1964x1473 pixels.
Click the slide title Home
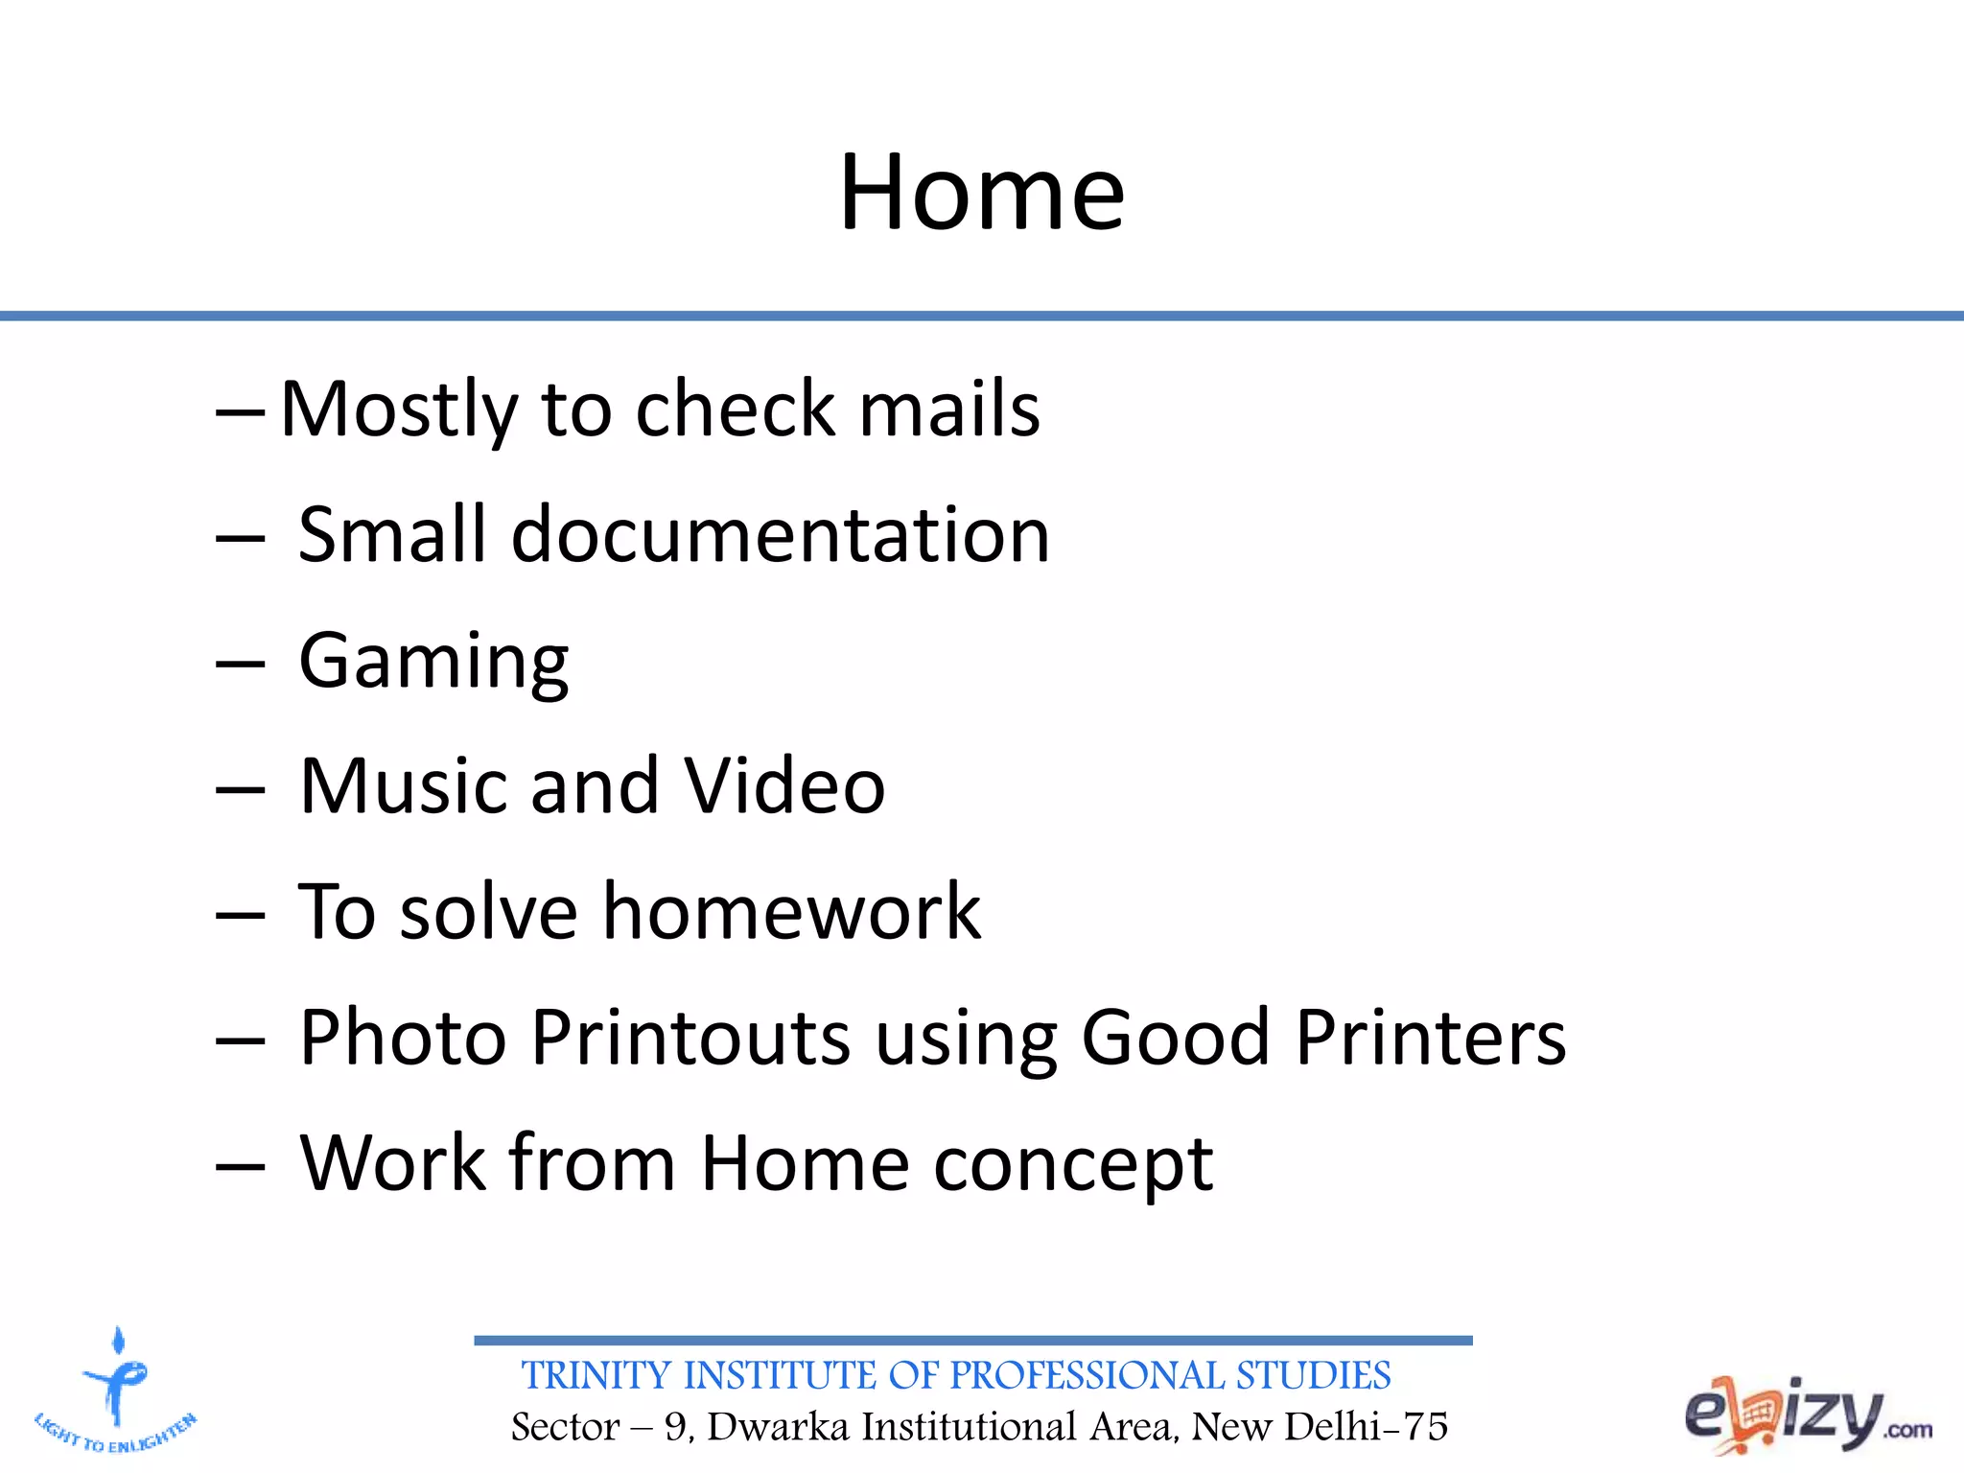pyautogui.click(x=981, y=194)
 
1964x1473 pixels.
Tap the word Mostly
pyautogui.click(x=398, y=409)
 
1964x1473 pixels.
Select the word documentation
pyautogui.click(x=780, y=535)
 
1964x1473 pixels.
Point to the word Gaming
pyautogui.click(x=433, y=662)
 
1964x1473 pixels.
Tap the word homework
pyautogui.click(x=791, y=912)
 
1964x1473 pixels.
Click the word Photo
pyautogui.click(x=403, y=1038)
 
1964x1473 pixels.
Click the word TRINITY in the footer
pyautogui.click(x=596, y=1376)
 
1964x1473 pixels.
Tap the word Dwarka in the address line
pyautogui.click(x=778, y=1427)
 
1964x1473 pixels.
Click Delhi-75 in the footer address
pyautogui.click(x=1366, y=1427)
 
